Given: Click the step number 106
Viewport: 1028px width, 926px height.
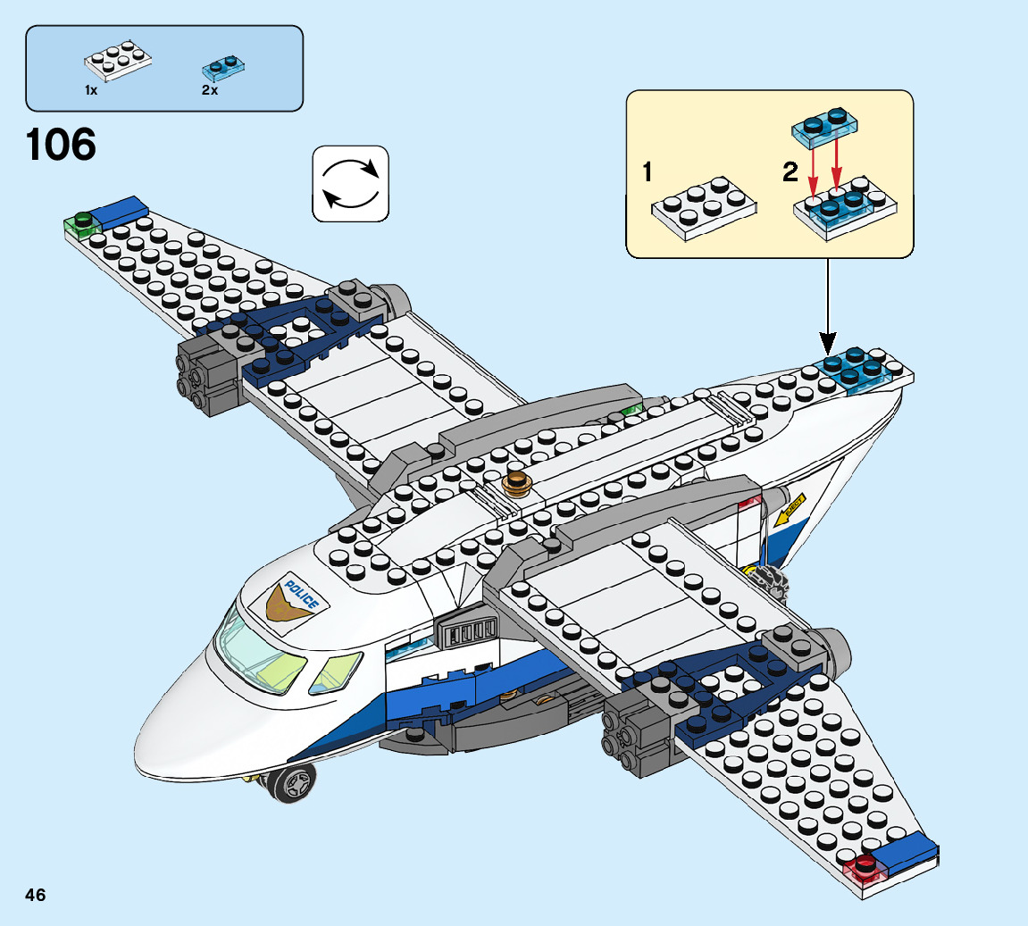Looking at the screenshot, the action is point(61,146).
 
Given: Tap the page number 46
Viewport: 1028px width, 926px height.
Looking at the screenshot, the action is point(35,895).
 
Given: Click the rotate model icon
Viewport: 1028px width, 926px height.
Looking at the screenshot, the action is point(350,184).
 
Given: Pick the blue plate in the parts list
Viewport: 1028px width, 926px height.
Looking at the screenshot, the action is point(223,64).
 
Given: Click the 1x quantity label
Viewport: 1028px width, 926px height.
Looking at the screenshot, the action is point(91,90).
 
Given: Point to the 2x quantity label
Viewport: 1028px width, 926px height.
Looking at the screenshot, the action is point(210,90).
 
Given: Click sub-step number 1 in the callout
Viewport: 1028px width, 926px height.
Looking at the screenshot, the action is point(648,172).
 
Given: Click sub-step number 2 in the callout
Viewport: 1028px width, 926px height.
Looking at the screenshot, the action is point(790,172).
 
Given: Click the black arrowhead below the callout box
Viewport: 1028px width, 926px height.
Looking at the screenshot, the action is point(827,341).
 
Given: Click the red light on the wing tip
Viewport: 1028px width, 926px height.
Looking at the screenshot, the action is point(865,864).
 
